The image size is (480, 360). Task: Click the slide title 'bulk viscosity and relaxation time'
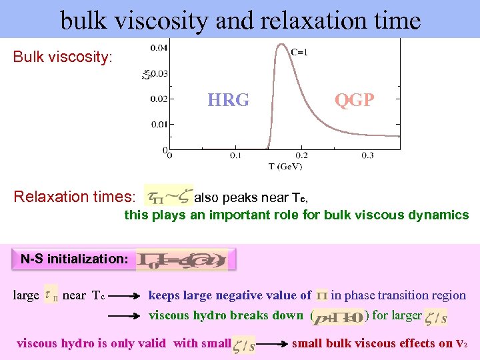click(x=240, y=20)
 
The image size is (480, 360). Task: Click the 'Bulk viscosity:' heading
click(x=63, y=57)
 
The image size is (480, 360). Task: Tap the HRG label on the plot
click(x=228, y=101)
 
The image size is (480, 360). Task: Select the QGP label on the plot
click(x=354, y=101)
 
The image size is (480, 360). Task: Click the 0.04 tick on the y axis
click(x=159, y=48)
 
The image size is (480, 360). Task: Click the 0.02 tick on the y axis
click(x=159, y=99)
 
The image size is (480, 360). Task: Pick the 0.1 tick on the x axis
click(x=235, y=155)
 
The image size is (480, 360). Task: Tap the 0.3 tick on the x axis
click(x=368, y=155)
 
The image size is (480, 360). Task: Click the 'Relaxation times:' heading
click(x=75, y=197)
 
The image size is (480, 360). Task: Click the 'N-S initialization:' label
click(x=73, y=259)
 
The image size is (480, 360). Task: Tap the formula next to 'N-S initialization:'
click(x=185, y=260)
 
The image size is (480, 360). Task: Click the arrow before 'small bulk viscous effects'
click(x=272, y=344)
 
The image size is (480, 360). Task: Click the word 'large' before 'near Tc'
click(x=26, y=295)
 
